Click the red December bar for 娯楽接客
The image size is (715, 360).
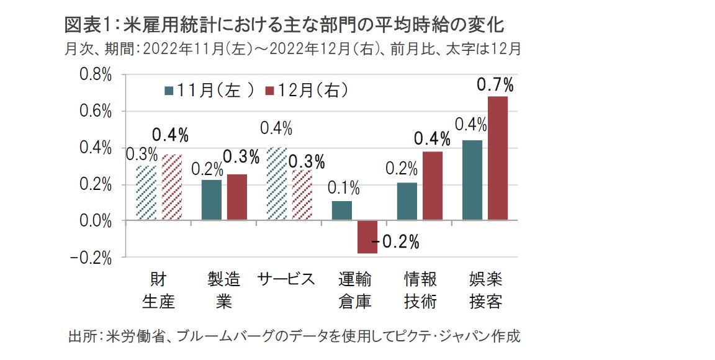tap(498, 158)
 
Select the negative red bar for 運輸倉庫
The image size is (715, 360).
tap(367, 237)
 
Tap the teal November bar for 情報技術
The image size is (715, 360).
tap(407, 201)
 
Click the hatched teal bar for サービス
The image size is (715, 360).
tap(276, 184)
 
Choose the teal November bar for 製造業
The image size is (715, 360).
tap(211, 200)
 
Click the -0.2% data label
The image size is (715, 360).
tap(395, 241)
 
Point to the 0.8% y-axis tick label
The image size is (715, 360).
tap(94, 75)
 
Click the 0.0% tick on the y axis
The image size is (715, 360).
tap(94, 221)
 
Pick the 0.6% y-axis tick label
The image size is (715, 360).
tap(94, 112)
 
